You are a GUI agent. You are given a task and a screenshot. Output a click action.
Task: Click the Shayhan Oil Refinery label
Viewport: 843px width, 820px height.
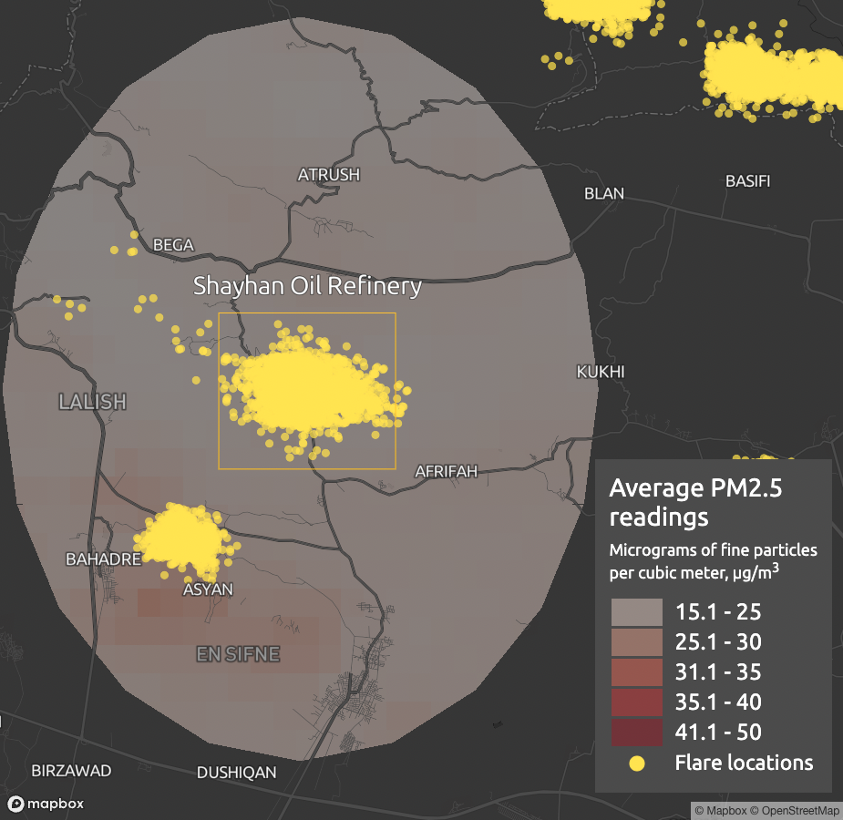(x=307, y=286)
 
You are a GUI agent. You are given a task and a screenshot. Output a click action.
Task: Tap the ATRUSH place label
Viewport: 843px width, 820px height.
(x=329, y=174)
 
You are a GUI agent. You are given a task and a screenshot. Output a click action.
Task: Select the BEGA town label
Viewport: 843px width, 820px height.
(x=173, y=244)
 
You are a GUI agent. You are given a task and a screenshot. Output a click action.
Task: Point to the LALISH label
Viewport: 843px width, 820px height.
(x=92, y=401)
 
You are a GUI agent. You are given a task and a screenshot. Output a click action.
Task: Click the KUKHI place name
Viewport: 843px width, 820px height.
(x=601, y=372)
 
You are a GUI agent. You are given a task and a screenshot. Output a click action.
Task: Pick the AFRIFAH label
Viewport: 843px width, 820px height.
(x=446, y=471)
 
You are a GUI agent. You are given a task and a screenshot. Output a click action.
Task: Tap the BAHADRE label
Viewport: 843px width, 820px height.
(x=103, y=559)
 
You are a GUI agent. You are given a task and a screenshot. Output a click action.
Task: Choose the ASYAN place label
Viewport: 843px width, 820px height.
(x=208, y=589)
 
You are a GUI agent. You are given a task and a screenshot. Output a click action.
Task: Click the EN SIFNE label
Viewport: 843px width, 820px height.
(x=238, y=654)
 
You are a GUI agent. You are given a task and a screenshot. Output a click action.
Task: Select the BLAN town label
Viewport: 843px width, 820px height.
(x=604, y=193)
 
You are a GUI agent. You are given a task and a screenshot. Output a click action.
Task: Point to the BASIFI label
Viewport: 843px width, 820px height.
(x=747, y=180)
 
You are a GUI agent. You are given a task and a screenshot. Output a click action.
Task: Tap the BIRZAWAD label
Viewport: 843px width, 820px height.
(x=71, y=771)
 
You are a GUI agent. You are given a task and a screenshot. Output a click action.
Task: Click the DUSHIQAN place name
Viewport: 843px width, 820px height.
(x=236, y=773)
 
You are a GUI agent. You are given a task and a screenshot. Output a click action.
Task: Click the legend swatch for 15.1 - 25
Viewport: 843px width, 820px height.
(x=636, y=612)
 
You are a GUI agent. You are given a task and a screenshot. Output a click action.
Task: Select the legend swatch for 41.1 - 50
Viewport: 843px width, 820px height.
(x=636, y=732)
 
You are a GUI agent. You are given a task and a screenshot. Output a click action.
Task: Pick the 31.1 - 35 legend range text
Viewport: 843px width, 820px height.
(x=717, y=672)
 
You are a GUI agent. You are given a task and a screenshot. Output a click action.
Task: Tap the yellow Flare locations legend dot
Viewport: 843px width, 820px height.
(x=637, y=763)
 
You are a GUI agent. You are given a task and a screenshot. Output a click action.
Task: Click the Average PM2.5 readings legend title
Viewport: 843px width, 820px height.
(x=694, y=503)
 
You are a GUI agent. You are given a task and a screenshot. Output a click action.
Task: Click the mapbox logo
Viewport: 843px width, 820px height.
(x=46, y=804)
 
